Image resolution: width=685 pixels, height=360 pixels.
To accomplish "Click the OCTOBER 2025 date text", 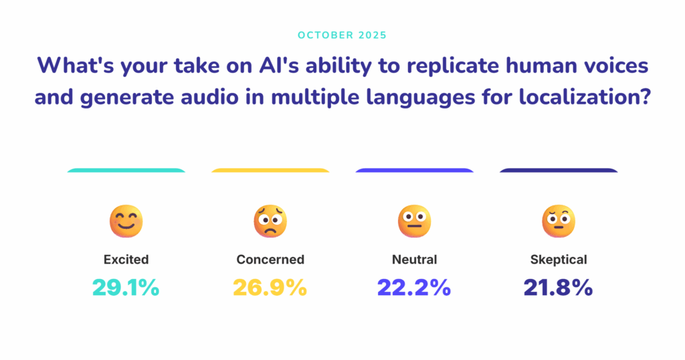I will coord(342,35).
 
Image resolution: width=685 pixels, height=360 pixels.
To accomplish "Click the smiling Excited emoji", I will coord(126,221).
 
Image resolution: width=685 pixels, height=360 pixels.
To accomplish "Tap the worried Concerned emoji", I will coord(270,221).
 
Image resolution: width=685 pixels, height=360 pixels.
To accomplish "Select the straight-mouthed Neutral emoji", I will coord(414,221).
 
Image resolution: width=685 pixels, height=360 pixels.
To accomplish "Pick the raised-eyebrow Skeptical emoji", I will coord(559,221).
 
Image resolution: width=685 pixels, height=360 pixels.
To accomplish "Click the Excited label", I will coord(126,260).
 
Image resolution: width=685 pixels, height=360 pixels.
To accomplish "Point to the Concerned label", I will coord(270,260).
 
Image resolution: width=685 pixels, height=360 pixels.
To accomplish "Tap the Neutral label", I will coord(414,260).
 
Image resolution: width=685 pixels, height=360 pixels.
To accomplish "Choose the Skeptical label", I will coord(559,260).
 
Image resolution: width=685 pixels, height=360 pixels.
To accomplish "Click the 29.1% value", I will coord(126,288).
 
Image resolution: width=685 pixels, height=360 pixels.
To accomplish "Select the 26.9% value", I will coord(270,288).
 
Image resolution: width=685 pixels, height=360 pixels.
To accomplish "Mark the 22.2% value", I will coord(414,288).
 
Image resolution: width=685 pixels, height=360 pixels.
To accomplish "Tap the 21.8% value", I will coord(559,288).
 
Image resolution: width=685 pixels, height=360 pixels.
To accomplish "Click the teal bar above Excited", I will coord(126,171).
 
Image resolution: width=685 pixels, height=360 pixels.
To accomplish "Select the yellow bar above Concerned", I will coord(270,171).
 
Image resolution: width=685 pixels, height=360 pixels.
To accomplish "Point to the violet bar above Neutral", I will coord(414,171).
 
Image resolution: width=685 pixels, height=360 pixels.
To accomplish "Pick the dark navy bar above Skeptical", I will coord(559,171).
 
